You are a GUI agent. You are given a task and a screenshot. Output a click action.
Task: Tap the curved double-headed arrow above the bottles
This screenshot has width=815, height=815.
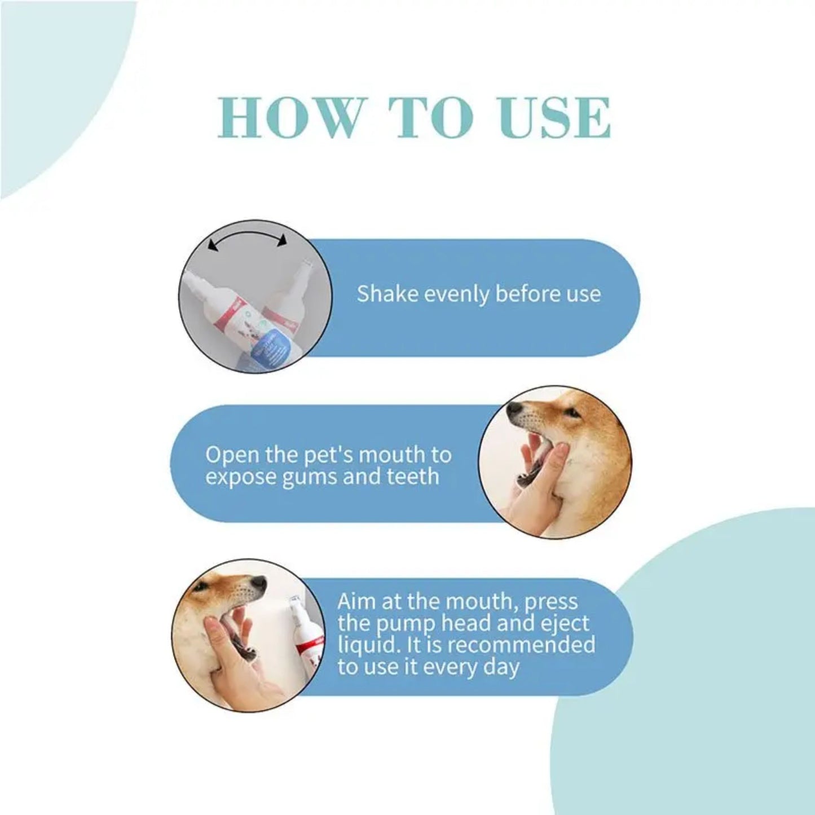(x=247, y=240)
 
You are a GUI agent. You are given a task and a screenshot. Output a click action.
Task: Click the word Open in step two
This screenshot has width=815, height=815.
(x=231, y=455)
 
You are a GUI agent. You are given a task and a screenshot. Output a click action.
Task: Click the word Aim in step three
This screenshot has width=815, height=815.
(x=356, y=601)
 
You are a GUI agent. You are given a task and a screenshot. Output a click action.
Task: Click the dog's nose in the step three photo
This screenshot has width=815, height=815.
(x=258, y=583)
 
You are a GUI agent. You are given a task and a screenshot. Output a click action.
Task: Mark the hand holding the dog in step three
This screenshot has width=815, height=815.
(x=231, y=660)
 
